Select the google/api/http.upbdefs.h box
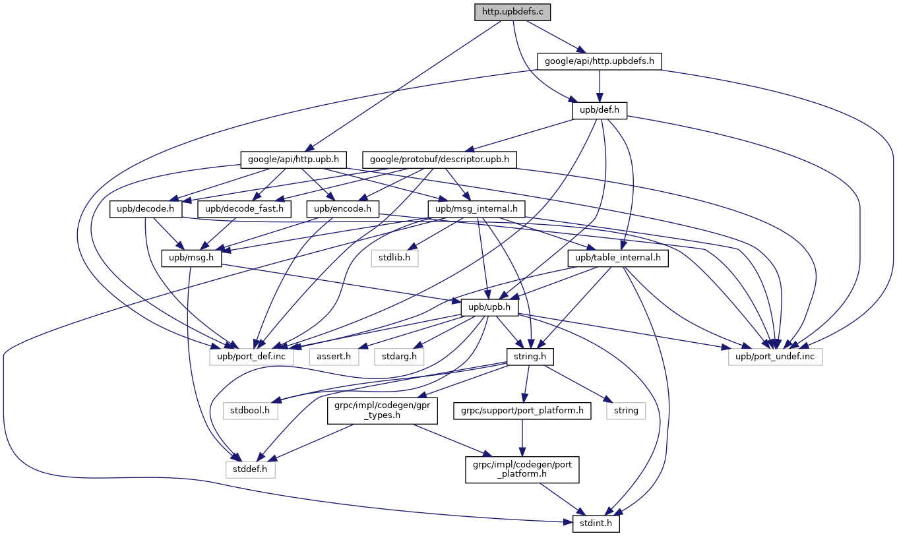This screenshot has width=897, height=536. pos(599,61)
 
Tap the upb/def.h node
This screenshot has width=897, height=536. pos(599,110)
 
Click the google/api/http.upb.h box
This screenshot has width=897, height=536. pos(293,159)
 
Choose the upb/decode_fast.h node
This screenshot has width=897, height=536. pos(244,209)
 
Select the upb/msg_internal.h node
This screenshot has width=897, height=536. pos(477,209)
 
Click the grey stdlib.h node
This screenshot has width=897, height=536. pos(394,258)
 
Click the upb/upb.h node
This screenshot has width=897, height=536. pos(489,308)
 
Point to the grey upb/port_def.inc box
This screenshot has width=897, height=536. pos(257,357)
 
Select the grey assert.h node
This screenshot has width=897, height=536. pos(334,357)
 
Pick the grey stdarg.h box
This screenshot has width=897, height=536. pos(400,357)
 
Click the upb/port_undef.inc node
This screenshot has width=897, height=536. pos(776,357)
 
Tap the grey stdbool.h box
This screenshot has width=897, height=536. pos(250,410)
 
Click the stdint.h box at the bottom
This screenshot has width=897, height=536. pos(592,524)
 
